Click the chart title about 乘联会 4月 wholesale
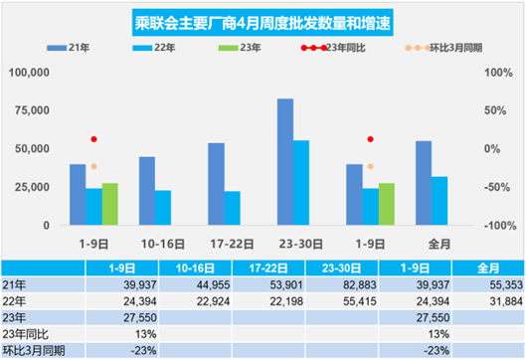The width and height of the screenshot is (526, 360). [x=263, y=22]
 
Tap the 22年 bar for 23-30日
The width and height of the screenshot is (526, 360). [x=300, y=183]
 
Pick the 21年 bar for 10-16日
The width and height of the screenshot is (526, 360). [x=146, y=191]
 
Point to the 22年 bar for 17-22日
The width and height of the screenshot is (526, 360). [x=231, y=208]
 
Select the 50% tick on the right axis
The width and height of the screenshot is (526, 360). [x=495, y=110]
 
